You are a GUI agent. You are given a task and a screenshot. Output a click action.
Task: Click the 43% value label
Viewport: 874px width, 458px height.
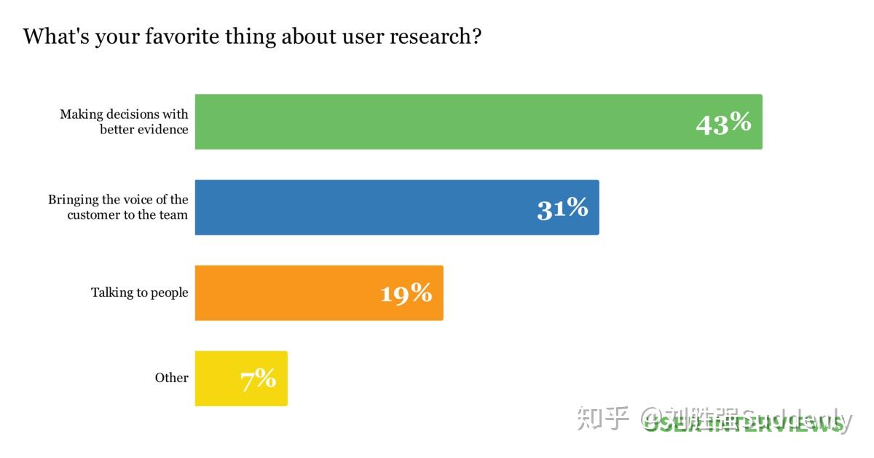tap(723, 123)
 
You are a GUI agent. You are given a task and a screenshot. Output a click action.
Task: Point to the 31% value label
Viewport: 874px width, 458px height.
tap(562, 209)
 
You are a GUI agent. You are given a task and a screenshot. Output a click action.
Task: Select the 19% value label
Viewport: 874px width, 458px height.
tap(406, 293)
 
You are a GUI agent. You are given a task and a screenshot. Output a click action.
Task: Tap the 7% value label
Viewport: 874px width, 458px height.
tap(259, 379)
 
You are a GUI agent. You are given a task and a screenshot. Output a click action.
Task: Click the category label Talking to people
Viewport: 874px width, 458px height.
tap(139, 292)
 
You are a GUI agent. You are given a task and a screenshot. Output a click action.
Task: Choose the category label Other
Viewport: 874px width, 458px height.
tap(171, 378)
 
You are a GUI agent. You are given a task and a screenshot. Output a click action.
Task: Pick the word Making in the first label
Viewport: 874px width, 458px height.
tap(81, 114)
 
